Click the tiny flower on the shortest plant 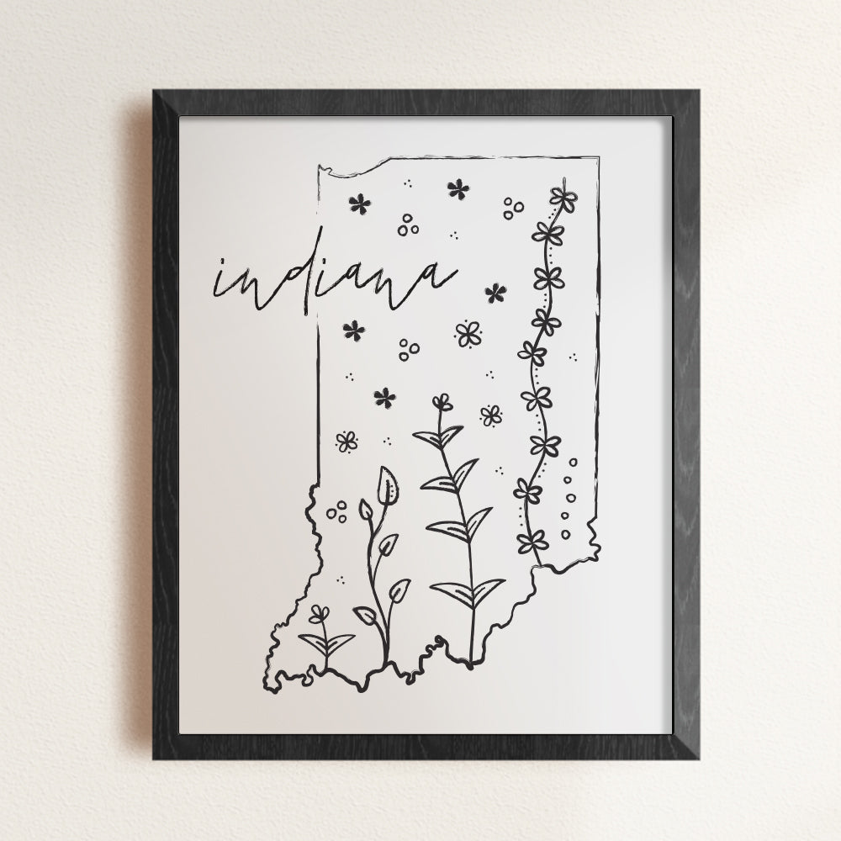[x=320, y=615]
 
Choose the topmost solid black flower [x=458, y=188]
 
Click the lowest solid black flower [x=385, y=397]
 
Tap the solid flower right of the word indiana [x=495, y=293]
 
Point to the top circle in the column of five [x=574, y=462]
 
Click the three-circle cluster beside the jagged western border [x=336, y=510]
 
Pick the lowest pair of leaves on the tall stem [x=472, y=593]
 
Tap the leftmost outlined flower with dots [x=346, y=441]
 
